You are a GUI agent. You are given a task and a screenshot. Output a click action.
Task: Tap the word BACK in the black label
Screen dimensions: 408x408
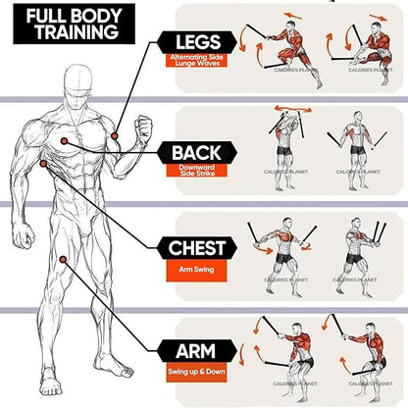(195, 153)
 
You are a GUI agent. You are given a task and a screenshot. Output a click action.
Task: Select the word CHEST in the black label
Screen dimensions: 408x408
(196, 247)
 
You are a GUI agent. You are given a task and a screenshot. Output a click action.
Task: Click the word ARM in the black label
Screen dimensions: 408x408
(195, 351)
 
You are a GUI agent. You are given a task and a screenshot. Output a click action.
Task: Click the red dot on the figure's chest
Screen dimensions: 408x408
(64, 141)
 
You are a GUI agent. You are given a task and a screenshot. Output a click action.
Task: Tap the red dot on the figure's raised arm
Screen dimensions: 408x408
(115, 133)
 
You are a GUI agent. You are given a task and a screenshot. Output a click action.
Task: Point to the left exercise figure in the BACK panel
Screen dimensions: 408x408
(281, 142)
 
